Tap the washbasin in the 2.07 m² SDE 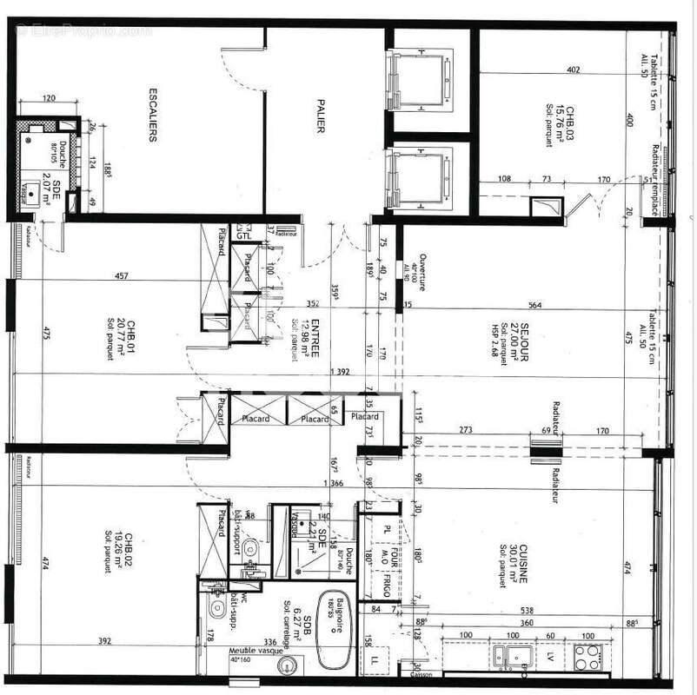[32, 195]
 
